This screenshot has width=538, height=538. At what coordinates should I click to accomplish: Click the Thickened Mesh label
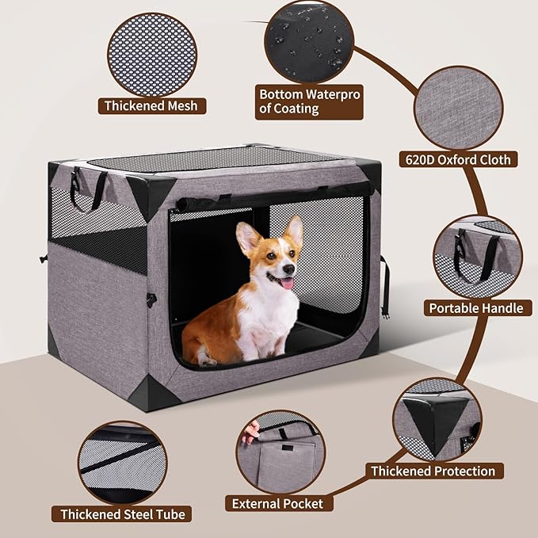tap(151, 105)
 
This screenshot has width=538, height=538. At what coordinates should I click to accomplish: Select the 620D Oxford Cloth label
tap(467, 159)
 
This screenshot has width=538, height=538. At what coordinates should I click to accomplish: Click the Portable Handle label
tap(476, 307)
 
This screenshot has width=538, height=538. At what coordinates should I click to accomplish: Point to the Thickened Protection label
tap(433, 471)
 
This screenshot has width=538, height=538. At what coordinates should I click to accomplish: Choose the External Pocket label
tap(277, 503)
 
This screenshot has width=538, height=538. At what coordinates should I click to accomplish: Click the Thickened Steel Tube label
tap(123, 514)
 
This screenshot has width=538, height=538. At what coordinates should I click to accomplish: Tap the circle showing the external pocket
tap(280, 451)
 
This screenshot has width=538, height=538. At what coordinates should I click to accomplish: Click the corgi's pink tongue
tap(287, 283)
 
